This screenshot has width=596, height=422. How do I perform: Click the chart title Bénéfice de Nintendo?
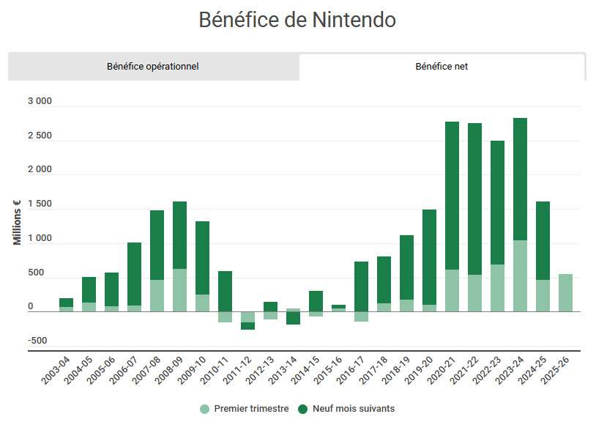pos(297,20)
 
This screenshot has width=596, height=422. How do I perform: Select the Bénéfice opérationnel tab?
pos(152,67)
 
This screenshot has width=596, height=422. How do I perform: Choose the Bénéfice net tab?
pos(442,67)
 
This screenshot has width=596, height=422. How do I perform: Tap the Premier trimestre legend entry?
pos(245,409)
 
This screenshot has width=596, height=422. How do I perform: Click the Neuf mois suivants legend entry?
pos(347,409)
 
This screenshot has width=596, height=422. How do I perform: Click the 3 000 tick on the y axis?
pos(40,102)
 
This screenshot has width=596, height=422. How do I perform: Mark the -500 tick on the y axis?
pos(39,341)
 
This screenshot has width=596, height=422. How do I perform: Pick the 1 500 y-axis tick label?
pos(40,204)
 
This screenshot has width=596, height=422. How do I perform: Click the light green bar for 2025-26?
pos(565,293)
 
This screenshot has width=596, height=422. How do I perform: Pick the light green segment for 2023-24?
pos(520,275)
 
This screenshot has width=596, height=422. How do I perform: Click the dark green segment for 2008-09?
pos(179,235)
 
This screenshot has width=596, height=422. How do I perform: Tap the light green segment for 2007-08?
pos(157,295)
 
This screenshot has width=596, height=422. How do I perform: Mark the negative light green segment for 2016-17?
pos(361,316)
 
